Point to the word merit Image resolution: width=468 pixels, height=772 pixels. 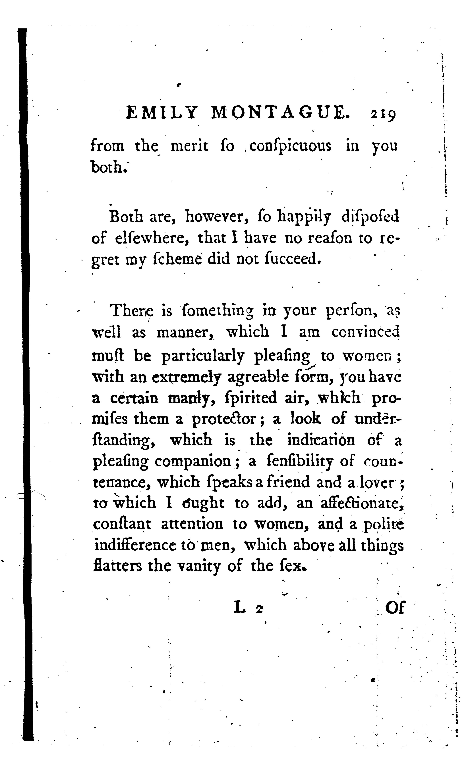(189, 146)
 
